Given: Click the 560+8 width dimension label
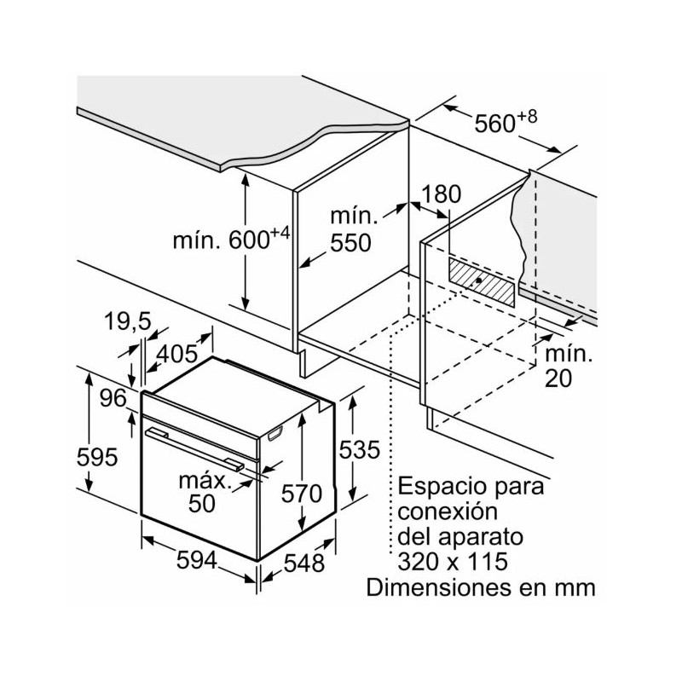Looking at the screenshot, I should (x=506, y=123).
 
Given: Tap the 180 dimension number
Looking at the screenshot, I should (x=441, y=194).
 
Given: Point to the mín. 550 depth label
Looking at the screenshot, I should (x=351, y=231).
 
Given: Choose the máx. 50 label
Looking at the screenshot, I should (x=205, y=492).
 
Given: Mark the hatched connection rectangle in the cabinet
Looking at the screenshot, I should (x=483, y=282).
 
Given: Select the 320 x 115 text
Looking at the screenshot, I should (x=452, y=563).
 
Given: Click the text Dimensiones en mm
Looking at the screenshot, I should (x=479, y=587).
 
